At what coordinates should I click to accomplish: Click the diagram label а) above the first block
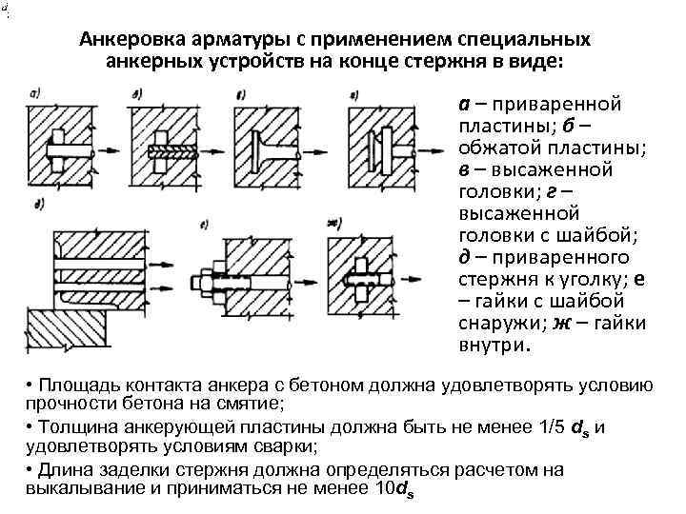[x=35, y=91]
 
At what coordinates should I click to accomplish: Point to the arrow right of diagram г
[x=431, y=148]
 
